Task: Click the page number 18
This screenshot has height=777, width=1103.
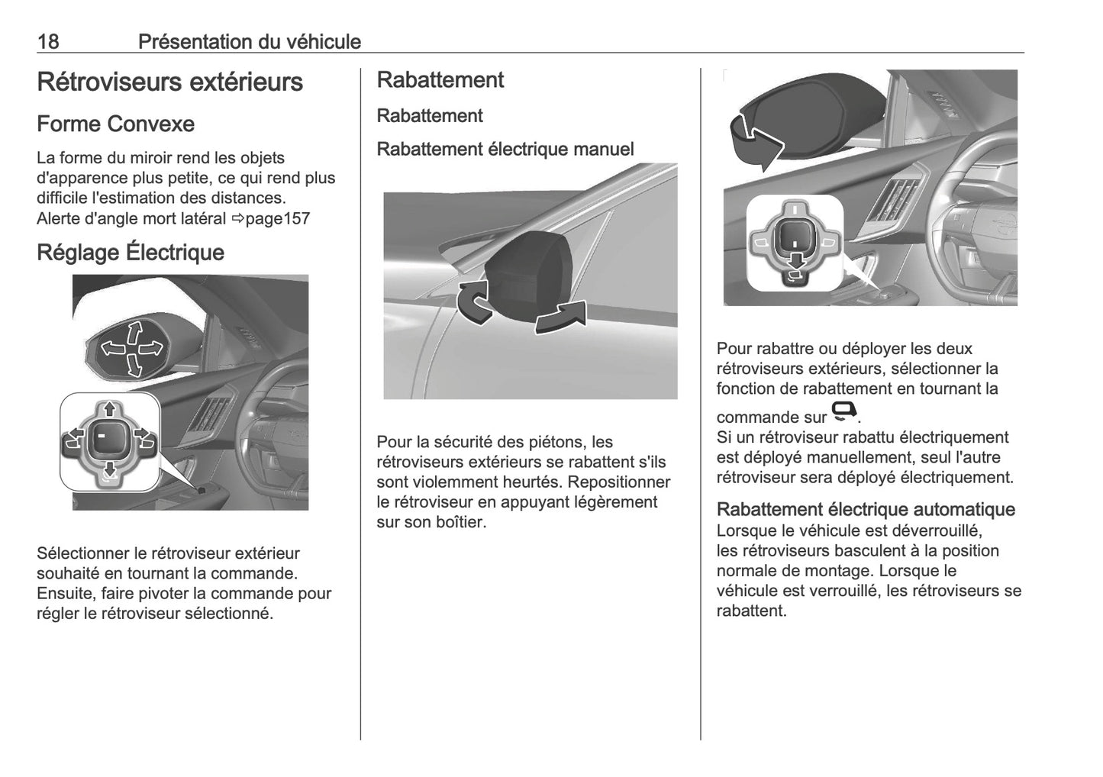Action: point(47,41)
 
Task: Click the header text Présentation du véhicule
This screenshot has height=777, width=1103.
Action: point(249,41)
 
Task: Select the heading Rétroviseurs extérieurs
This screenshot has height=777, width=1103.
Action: point(169,82)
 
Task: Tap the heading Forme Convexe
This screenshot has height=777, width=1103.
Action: point(115,124)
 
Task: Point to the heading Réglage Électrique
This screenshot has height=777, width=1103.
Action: point(131,252)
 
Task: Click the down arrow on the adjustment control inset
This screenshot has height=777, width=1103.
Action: point(109,468)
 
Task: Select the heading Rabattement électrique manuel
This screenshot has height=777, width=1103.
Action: point(505,149)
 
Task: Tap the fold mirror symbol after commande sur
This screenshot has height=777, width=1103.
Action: point(843,412)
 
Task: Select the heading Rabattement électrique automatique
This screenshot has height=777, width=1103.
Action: point(866,509)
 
